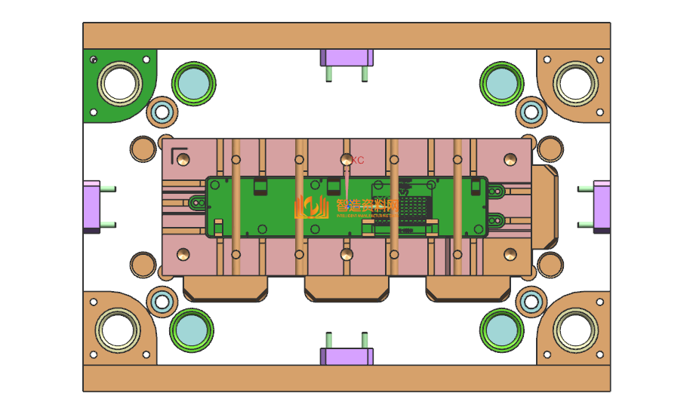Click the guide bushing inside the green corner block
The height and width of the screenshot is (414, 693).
tap(119, 83)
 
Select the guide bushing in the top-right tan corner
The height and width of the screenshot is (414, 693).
tap(575, 81)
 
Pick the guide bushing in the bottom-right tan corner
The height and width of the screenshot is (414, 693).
tap(575, 330)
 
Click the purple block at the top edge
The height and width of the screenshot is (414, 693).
tap(346, 57)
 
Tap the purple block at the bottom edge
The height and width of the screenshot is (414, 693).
tap(346, 355)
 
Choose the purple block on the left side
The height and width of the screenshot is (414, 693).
tap(91, 207)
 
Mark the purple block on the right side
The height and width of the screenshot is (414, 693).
tap(602, 205)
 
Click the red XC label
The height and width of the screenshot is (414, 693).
tap(358, 161)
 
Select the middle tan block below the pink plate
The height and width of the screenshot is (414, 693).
tap(346, 288)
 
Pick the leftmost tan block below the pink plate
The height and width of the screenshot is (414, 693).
tap(226, 288)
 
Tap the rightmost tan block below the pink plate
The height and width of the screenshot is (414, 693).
tap(469, 288)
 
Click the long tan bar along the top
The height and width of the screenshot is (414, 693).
tap(346, 35)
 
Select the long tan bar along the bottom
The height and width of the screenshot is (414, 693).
tap(346, 378)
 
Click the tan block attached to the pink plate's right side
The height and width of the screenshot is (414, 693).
tap(546, 206)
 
